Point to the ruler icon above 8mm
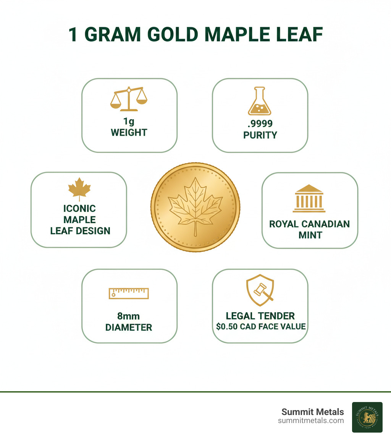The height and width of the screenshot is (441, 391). (x=129, y=293)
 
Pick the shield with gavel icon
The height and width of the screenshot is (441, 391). (x=260, y=290)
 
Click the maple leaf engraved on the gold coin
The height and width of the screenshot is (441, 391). (x=195, y=206)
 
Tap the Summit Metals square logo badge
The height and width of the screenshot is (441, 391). (x=367, y=417)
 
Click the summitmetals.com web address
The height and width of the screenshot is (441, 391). (x=311, y=421)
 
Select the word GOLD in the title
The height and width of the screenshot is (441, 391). (x=172, y=35)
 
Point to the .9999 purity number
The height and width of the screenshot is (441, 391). (x=260, y=123)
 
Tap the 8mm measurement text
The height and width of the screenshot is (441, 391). (x=128, y=316)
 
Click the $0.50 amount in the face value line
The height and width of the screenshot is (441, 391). (x=227, y=326)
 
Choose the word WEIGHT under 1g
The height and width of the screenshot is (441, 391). (x=129, y=133)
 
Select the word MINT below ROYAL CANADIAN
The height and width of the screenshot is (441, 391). (x=310, y=235)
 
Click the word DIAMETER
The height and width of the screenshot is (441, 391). (x=129, y=328)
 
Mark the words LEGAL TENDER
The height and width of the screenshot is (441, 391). (x=260, y=316)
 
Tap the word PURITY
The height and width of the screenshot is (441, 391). (x=260, y=135)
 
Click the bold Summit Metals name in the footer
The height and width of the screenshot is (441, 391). (x=313, y=412)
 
